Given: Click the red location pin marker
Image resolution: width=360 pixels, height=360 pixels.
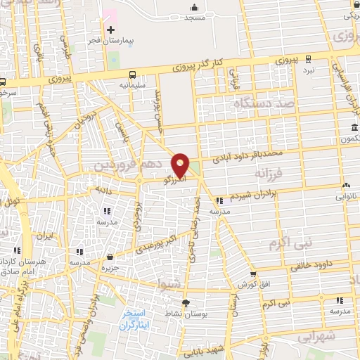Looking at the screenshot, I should (x=181, y=165).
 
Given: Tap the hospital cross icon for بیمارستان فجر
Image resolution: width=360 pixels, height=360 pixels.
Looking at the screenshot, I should (x=110, y=30).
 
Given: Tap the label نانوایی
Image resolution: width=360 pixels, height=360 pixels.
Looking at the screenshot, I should (x=345, y=198).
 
